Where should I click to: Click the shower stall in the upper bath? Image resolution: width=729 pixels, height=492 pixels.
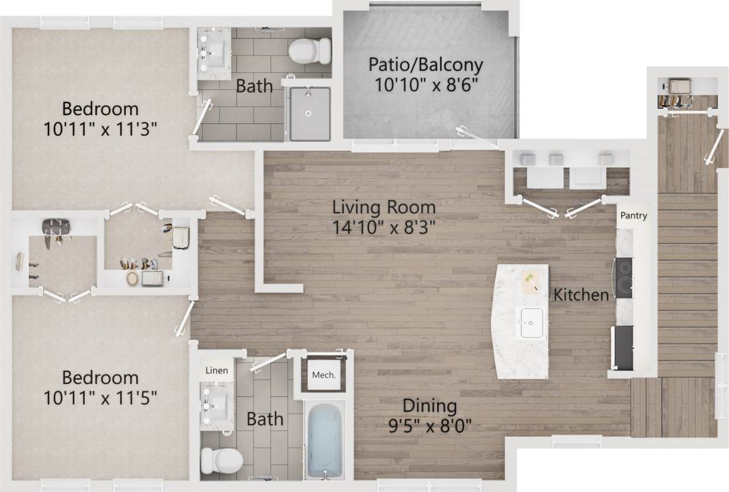pyautogui.click(x=310, y=113)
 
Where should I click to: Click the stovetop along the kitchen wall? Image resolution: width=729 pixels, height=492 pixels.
pyautogui.click(x=624, y=278)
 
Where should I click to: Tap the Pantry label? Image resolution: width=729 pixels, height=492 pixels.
pyautogui.click(x=634, y=216)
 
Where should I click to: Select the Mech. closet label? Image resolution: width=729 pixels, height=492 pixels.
pyautogui.click(x=324, y=375)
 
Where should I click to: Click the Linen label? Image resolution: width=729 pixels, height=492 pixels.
pyautogui.click(x=216, y=370)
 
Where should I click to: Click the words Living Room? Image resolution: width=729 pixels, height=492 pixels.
pyautogui.click(x=384, y=207)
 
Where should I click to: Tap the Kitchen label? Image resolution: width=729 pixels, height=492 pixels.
pyautogui.click(x=581, y=294)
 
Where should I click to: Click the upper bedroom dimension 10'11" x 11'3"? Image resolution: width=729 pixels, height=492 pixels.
pyautogui.click(x=101, y=129)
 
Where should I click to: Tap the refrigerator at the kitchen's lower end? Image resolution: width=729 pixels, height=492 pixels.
pyautogui.click(x=624, y=347)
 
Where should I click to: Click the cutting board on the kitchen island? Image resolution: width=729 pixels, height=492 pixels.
pyautogui.click(x=531, y=282)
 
